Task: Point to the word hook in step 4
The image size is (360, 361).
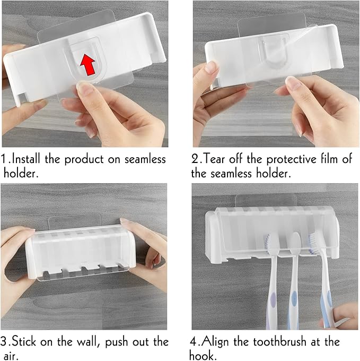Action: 201,355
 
